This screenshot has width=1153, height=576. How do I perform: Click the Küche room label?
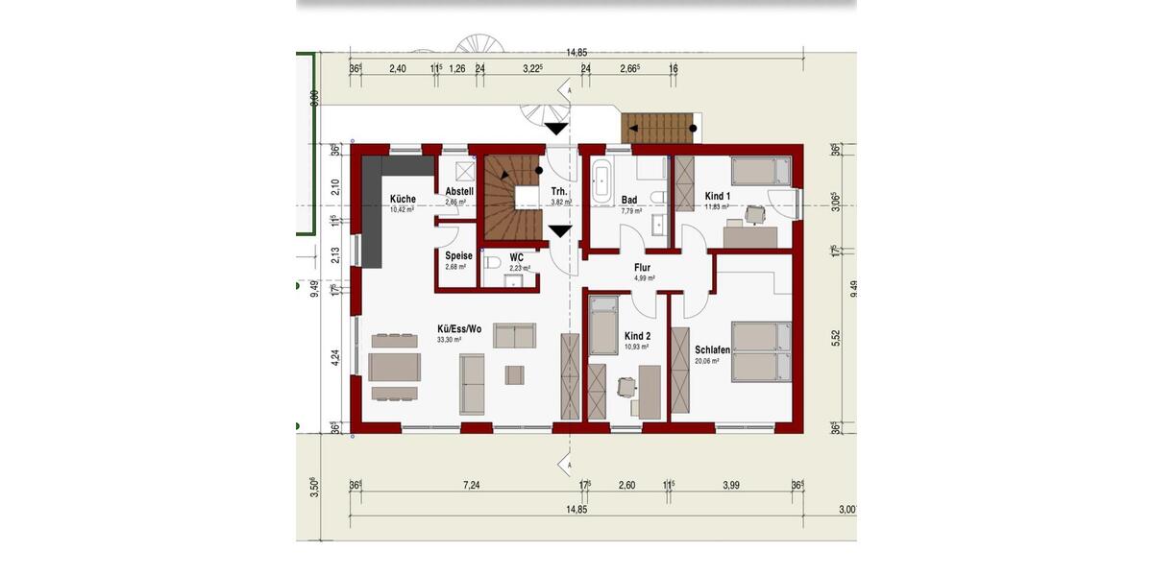tap(403, 200)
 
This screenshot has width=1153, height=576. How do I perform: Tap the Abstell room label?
tap(459, 191)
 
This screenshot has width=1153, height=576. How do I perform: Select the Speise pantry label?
tap(458, 256)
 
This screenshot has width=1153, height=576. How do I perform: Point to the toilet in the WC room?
tap(492, 261)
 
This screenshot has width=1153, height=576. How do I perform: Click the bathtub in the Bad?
tap(602, 184)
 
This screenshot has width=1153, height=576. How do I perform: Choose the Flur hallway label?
tap(642, 268)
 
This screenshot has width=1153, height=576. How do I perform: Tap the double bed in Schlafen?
tap(761, 352)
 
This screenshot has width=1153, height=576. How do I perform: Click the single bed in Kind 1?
tap(760, 172)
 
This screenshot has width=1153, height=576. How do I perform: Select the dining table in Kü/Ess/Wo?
tap(394, 367)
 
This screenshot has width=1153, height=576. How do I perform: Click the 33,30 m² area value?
tap(450, 340)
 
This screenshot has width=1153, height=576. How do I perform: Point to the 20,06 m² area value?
tap(707, 361)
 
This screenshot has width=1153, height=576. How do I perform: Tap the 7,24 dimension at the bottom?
tap(471, 486)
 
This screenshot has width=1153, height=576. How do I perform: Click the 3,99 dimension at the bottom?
tap(731, 486)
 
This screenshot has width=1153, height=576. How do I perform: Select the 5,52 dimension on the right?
tap(835, 338)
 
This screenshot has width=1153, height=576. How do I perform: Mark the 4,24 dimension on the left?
tap(334, 358)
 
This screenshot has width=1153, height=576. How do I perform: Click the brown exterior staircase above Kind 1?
tap(658, 128)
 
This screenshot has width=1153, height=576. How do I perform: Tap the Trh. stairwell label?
tap(558, 191)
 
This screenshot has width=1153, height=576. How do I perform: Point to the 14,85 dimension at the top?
tap(576, 53)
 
